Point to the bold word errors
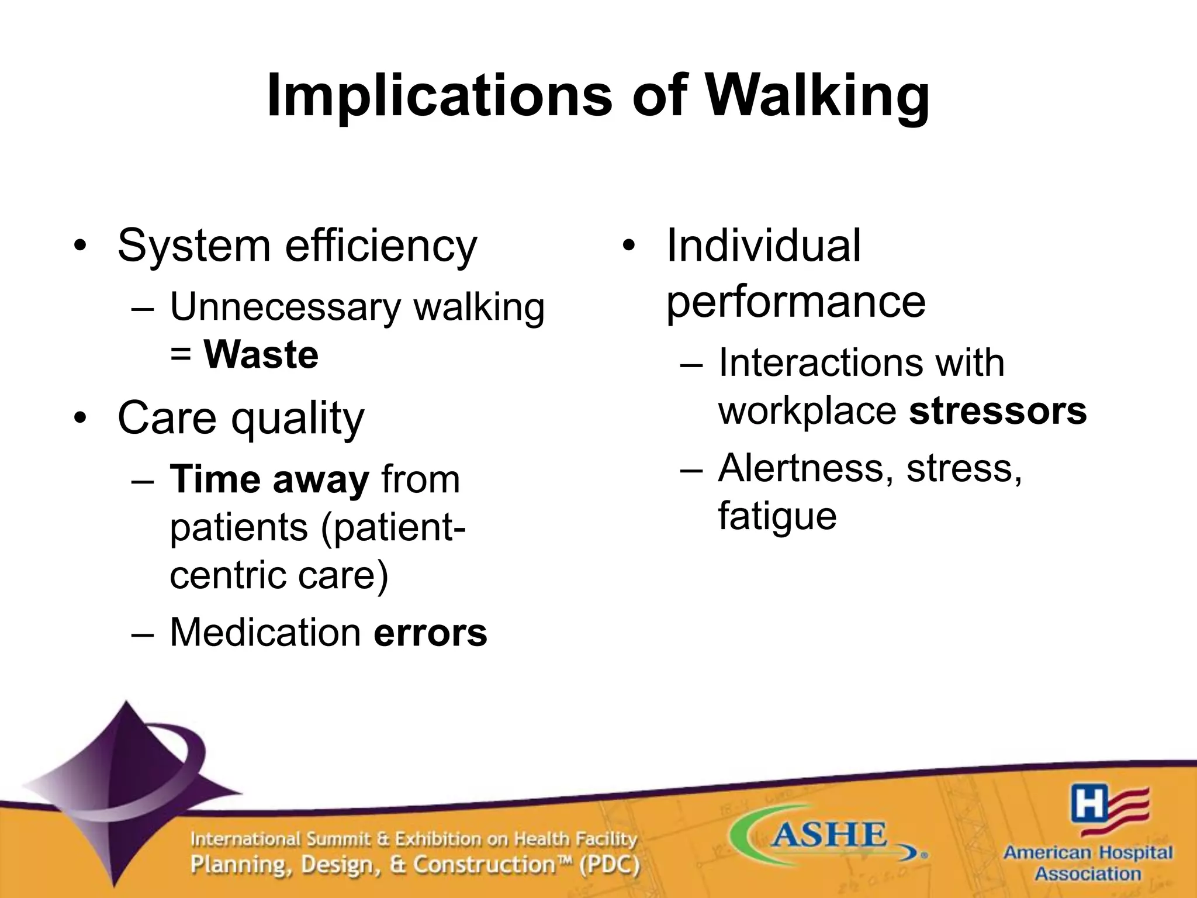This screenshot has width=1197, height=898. tap(430, 633)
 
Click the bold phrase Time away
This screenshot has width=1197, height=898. tap(269, 479)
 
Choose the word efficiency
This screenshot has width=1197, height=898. tap(381, 246)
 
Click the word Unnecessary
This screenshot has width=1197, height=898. tap(285, 307)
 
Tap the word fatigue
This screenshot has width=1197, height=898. tap(777, 516)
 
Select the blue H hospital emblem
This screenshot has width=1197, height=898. tap(1089, 804)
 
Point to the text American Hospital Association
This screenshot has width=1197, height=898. tap(1088, 863)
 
